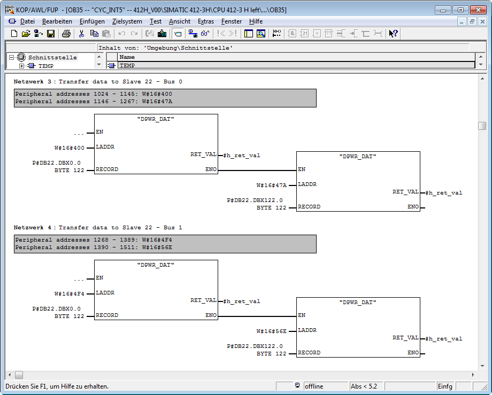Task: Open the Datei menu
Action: (x=27, y=21)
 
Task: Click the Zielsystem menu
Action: (x=127, y=21)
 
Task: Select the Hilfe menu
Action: (x=256, y=21)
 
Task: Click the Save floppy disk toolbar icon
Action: (x=50, y=34)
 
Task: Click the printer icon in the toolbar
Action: (x=66, y=34)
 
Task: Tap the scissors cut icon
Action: (x=82, y=34)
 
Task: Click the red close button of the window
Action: (x=479, y=10)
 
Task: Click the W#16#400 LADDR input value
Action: (x=70, y=148)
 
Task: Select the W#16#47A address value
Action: (x=272, y=185)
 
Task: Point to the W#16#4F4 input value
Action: (x=70, y=294)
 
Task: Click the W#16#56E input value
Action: (x=272, y=331)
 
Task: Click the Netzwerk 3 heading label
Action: (x=32, y=81)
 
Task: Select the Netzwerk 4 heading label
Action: (x=32, y=228)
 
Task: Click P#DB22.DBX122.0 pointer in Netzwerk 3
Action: (x=255, y=200)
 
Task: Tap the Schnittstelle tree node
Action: (x=52, y=57)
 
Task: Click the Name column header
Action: (x=127, y=57)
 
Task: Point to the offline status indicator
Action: (x=314, y=386)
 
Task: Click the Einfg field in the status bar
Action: (x=445, y=386)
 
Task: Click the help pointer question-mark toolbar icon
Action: (x=393, y=34)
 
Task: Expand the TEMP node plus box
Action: (x=21, y=66)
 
